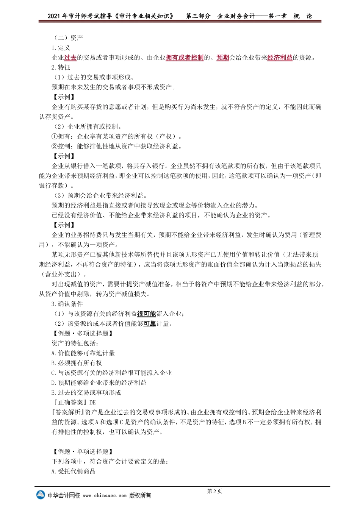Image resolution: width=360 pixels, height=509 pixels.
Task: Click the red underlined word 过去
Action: [x=70, y=58]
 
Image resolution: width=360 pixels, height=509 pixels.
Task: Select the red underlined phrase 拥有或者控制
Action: [x=185, y=58]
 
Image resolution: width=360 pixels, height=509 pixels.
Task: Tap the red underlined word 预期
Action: [x=223, y=58]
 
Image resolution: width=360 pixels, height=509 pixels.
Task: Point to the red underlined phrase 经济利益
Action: [x=280, y=58]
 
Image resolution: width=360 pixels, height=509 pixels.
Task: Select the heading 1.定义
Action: [x=61, y=48]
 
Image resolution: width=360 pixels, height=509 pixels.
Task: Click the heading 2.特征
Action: [x=61, y=67]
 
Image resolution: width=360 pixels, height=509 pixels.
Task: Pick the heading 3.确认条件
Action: [x=67, y=304]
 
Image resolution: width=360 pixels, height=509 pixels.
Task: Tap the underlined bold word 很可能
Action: [x=147, y=314]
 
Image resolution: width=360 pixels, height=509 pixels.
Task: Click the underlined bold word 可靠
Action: [x=150, y=323]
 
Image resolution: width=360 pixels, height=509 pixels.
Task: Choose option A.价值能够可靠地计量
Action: [x=83, y=353]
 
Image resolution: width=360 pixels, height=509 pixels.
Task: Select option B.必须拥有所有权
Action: [x=77, y=363]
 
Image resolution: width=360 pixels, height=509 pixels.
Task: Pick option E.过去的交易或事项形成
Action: [x=86, y=392]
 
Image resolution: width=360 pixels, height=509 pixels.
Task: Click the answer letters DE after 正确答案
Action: [x=92, y=402]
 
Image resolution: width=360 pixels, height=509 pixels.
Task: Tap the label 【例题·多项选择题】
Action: [x=82, y=333]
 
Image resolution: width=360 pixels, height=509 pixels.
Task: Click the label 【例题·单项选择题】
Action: [x=82, y=451]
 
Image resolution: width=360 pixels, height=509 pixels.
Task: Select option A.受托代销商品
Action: [x=74, y=471]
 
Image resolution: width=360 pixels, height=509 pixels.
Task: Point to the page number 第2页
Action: [x=214, y=491]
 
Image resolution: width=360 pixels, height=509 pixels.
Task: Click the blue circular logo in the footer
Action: [x=41, y=495]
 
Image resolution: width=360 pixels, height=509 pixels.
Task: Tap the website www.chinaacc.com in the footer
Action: [x=105, y=495]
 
